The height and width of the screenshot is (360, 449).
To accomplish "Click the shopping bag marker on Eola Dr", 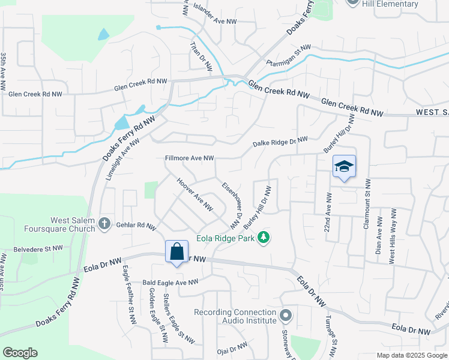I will click(x=177, y=252).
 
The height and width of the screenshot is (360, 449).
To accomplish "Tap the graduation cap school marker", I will click(x=344, y=166).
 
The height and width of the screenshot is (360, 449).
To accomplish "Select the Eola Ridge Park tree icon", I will click(x=263, y=238).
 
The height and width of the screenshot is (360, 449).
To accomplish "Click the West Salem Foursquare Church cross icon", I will click(x=104, y=224).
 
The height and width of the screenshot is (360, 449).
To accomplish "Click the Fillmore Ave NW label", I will click(x=190, y=158).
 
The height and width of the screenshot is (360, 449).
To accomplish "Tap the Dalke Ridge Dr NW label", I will click(x=280, y=142).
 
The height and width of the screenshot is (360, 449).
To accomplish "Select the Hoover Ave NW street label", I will click(x=194, y=194).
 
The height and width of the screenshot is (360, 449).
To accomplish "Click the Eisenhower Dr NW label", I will click(x=231, y=206).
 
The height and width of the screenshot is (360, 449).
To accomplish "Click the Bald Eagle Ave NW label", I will click(x=170, y=282).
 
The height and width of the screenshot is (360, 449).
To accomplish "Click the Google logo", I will click(x=20, y=353).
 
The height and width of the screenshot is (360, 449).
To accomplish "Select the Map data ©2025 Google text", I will click(x=411, y=355).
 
